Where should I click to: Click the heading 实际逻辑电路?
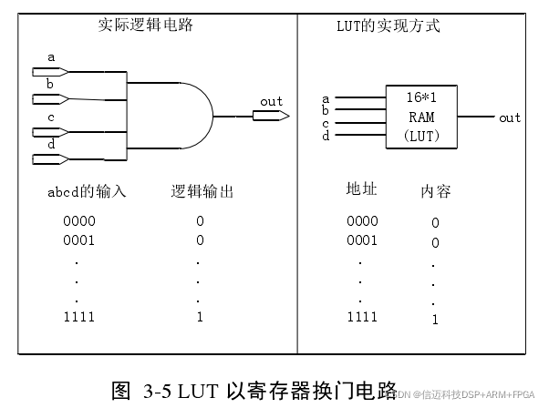pos(146,25)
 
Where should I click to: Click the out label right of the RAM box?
pos(510,117)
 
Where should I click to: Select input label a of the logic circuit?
pos(51,57)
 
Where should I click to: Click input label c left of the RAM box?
pos(326,123)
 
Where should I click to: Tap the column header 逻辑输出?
pos(202,192)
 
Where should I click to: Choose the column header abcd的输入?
pos(87,192)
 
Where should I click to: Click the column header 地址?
pos(361,189)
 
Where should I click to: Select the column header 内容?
pos(435,191)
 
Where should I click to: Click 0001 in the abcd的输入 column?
pos(79,240)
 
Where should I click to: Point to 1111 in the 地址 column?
pos(362,317)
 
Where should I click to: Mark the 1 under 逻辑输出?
pos(200,317)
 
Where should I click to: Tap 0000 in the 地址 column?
pos(362,220)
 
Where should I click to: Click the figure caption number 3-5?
pos(158,392)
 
